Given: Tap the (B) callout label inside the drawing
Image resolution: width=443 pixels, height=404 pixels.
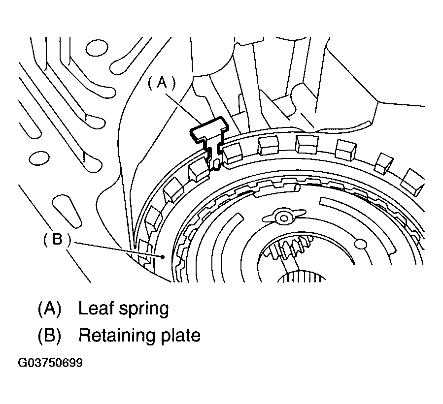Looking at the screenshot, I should pos(56,240).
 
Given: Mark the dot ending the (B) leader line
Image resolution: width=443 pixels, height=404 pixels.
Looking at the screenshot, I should pos(163,256).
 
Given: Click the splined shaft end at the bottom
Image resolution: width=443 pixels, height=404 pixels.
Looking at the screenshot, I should pos(301,278).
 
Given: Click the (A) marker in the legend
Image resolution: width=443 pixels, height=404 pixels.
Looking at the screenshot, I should pos(49,309).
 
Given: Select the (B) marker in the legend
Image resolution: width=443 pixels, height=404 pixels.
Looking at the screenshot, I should pos(49,336).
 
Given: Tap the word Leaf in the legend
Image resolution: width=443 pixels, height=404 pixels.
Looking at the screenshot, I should pos(96,309).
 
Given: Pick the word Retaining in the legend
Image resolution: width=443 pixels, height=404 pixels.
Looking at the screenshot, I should pos(117,336).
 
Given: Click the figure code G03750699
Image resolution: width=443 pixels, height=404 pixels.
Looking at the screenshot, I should pos(50,363).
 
